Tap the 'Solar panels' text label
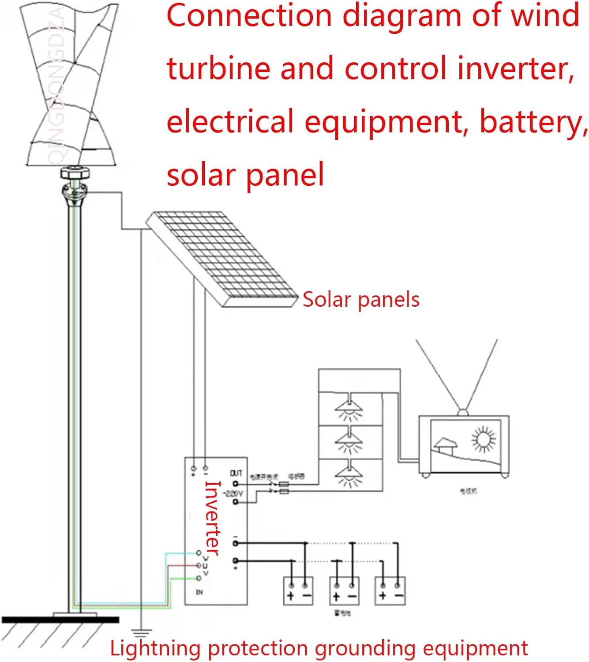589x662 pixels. coord(360,300)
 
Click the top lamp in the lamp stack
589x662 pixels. coord(349,408)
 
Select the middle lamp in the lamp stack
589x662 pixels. coord(349,441)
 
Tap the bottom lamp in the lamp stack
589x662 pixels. coord(349,475)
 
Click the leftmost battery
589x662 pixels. coord(298,591)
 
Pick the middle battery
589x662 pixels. coord(344,591)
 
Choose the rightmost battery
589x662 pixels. coord(390,591)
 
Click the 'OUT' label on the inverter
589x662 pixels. coord(236,473)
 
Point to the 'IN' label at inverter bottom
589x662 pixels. coord(199,592)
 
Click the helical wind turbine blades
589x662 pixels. coord(71,84)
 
